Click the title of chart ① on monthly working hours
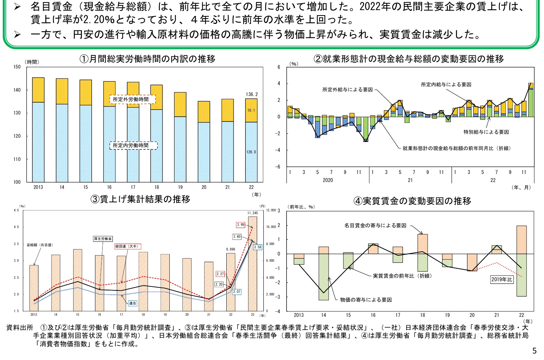click(147, 59)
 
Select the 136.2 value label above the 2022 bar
click(252, 94)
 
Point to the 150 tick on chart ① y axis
click(17, 67)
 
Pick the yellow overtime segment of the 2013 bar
click(38, 90)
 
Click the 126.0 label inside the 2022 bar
click(251, 152)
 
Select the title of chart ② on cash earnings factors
click(409, 59)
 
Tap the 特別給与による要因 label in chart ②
click(486, 132)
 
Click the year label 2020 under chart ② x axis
click(327, 180)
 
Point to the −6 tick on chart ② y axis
click(278, 167)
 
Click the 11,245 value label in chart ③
click(252, 213)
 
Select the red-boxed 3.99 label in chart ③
click(240, 225)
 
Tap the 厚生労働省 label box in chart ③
click(103, 239)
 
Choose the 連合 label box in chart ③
click(132, 303)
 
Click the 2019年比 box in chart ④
click(502, 280)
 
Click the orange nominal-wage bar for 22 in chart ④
click(522, 240)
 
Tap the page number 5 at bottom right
click(534, 351)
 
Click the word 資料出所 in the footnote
click(20, 327)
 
